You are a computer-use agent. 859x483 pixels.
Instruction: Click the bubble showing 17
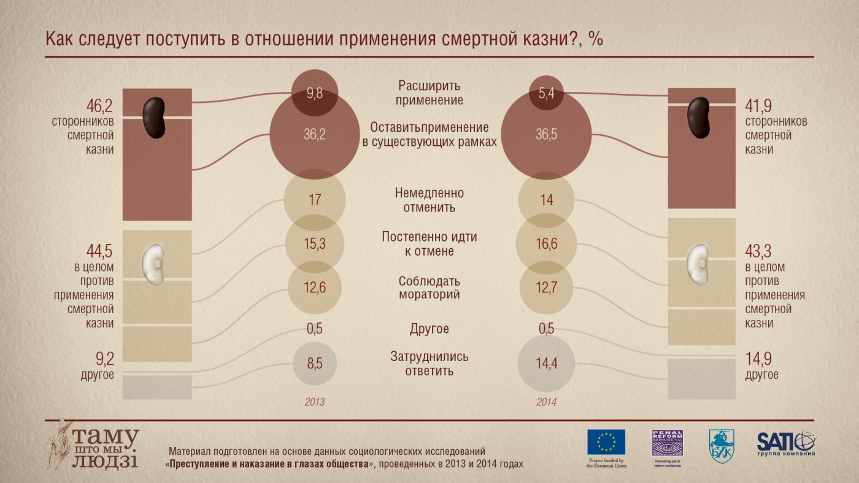[x=315, y=200]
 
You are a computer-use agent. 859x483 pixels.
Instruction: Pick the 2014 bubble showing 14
[x=546, y=200]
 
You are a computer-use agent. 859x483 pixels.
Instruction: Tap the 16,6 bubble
[x=546, y=244]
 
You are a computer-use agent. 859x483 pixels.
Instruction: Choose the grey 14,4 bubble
[x=546, y=363]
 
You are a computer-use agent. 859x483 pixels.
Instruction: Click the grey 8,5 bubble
[x=315, y=363]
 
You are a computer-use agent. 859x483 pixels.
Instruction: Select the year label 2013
[x=315, y=403]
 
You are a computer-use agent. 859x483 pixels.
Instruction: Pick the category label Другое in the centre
[x=429, y=329]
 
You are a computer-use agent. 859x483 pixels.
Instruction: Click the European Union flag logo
[x=606, y=442]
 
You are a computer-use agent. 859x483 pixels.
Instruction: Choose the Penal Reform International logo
[x=667, y=442]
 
